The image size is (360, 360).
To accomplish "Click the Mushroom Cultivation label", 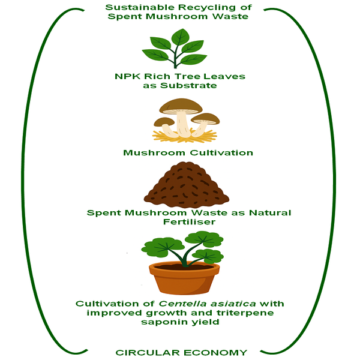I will pos(188,153).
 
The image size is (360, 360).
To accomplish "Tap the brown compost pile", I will pos(186,186).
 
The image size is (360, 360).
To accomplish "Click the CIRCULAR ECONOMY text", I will pos(181,352).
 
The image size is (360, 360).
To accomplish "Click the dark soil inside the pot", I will pos(183,266).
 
